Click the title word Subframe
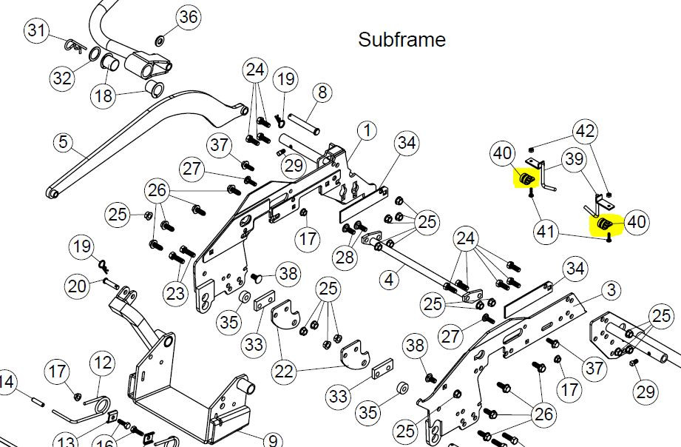(402, 39)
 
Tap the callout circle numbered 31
(36, 31)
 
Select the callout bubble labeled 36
(189, 17)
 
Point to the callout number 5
(64, 142)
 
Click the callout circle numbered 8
(322, 93)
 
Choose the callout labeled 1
(367, 130)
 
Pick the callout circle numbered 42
(585, 131)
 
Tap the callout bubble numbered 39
(575, 159)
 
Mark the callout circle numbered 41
(546, 232)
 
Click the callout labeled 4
(389, 279)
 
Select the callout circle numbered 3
(611, 289)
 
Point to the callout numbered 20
(78, 286)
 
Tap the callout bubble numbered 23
(175, 294)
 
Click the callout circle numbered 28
(345, 258)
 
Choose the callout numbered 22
(285, 372)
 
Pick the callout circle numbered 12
(103, 363)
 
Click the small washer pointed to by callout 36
(160, 41)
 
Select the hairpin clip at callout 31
(75, 46)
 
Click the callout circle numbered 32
(62, 78)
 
